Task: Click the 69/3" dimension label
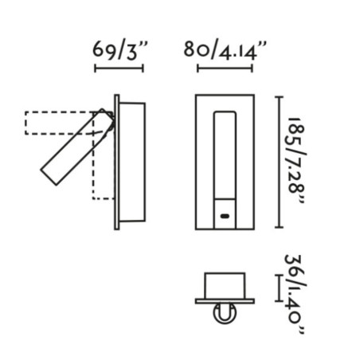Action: (x=119, y=50)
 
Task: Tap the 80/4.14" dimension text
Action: (x=225, y=50)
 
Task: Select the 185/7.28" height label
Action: (x=297, y=160)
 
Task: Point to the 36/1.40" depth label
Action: (x=295, y=294)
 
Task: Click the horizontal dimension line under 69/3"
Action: (x=119, y=68)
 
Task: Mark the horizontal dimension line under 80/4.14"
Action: (x=225, y=68)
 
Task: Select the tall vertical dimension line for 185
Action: (x=279, y=162)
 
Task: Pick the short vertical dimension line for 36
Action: (x=279, y=288)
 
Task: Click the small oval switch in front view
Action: (x=225, y=216)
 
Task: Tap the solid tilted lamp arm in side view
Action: (x=77, y=147)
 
